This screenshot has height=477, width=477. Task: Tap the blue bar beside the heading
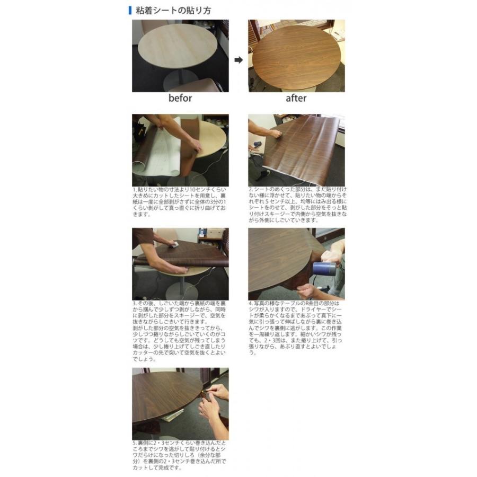130,10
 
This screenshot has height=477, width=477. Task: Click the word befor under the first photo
180,98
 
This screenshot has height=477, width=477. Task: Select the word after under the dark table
296,98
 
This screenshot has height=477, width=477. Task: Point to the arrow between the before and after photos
238,60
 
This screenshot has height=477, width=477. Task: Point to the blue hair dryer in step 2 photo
258,144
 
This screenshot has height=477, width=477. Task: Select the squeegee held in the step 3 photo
172,244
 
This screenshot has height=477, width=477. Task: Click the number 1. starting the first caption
135,189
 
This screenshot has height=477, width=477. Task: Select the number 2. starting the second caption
251,189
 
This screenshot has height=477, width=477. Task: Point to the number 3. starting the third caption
135,304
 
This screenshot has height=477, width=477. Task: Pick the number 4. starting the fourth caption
251,304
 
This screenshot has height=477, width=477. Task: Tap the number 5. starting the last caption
135,443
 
